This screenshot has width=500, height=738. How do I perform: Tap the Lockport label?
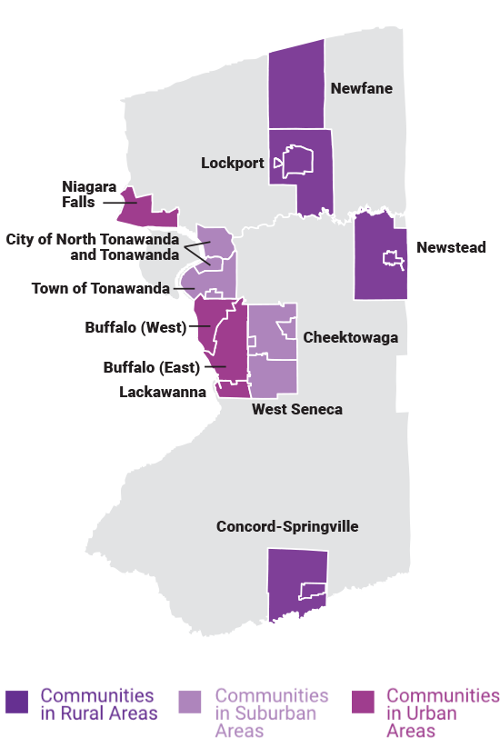click(x=232, y=164)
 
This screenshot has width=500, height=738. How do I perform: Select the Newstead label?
click(x=451, y=247)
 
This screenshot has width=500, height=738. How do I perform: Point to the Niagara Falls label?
click(x=90, y=194)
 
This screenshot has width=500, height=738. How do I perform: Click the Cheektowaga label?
click(x=350, y=338)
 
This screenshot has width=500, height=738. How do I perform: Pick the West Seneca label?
click(x=297, y=410)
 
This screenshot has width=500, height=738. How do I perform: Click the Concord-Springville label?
click(x=287, y=527)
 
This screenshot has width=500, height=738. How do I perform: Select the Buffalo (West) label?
click(x=135, y=326)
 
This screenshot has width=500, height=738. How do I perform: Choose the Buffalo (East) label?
click(x=151, y=368)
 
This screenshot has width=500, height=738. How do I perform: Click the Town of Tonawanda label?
click(x=101, y=289)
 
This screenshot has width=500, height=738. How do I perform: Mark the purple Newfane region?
click(x=296, y=86)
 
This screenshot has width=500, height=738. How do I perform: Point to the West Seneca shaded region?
click(x=273, y=374)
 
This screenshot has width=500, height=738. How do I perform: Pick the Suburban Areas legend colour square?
click(x=191, y=700)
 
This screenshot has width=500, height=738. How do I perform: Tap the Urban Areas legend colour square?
click(x=363, y=700)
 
